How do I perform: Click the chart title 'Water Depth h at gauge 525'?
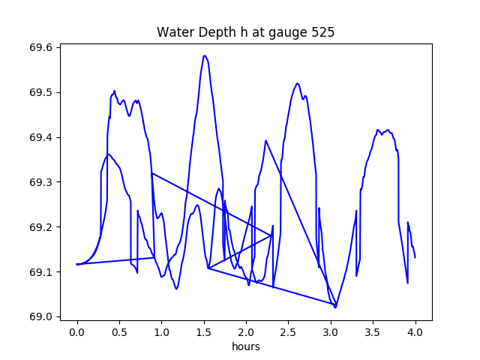[245, 32]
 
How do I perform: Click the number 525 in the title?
[323, 32]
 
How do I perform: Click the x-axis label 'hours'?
[246, 346]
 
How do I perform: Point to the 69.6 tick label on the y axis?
[40, 48]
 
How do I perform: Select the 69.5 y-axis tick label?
[40, 92]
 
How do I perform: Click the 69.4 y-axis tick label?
[40, 137]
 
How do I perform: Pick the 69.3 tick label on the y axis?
[40, 182]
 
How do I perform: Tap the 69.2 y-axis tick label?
[40, 227]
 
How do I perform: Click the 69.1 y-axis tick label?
[40, 271]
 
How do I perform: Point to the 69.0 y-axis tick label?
[40, 316]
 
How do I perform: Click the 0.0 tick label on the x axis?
[77, 332]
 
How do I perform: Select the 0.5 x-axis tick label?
[119, 332]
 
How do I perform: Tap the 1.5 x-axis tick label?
[204, 332]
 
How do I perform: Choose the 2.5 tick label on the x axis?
[288, 332]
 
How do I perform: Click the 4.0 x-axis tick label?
[415, 332]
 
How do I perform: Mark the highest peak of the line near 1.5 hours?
[205, 55]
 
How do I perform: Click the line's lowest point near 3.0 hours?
[335, 307]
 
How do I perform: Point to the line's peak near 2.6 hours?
[297, 83]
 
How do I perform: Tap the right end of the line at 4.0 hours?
[415, 257]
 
